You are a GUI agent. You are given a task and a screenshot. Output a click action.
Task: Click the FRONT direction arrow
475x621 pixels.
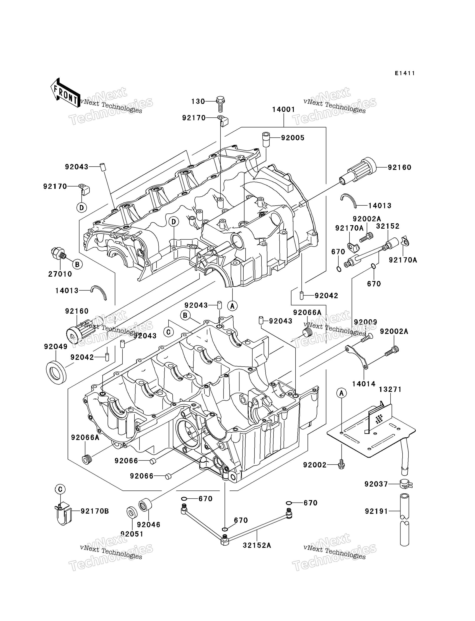pos(65,93)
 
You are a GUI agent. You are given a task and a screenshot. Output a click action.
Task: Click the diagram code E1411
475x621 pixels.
pos(405,73)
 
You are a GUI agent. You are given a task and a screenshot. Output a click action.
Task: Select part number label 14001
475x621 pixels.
pos(284,109)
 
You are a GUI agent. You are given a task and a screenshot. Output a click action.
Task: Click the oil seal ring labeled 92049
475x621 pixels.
pos(56,373)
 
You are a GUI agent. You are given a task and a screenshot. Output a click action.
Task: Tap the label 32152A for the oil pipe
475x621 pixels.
pos(257,545)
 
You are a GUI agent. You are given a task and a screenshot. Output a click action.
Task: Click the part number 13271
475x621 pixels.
pos(390,389)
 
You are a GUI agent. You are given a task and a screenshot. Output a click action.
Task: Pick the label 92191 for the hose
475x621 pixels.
pos(376,511)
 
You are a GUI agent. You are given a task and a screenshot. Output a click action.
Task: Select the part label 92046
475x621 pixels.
pos(148,524)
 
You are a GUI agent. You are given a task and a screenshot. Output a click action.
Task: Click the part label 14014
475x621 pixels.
pos(364,384)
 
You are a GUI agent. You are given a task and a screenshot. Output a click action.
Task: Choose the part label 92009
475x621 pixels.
pos(366,322)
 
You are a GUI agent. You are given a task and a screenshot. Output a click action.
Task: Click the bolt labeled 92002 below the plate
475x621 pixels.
pos(342,464)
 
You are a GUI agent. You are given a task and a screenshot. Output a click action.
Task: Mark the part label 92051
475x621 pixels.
pos(132,534)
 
